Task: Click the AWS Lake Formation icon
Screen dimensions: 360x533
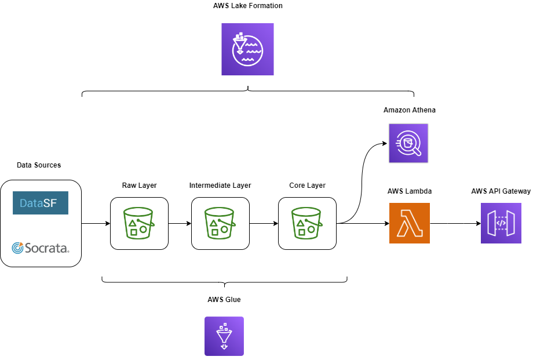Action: (247, 49)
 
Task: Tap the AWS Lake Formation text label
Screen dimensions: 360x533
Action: (247, 6)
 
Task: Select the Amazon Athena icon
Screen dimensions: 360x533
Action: (408, 143)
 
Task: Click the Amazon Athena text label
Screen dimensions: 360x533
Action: (409, 110)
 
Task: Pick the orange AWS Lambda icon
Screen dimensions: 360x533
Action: (410, 223)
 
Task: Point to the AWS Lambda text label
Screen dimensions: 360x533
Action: (410, 191)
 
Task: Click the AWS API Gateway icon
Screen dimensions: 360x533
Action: (501, 223)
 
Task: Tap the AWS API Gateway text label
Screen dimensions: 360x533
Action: (501, 191)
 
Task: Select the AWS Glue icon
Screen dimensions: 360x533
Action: (224, 336)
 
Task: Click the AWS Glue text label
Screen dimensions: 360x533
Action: (224, 300)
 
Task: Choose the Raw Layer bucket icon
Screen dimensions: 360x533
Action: (139, 223)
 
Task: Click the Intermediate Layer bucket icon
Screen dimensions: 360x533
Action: (220, 223)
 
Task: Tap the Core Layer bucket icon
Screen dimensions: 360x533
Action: (307, 223)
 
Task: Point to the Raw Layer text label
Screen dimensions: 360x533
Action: (139, 186)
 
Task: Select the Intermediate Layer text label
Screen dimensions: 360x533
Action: (220, 186)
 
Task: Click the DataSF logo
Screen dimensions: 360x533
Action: (41, 203)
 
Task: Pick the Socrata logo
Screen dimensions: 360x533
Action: (41, 248)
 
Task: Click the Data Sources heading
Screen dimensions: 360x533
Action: (39, 165)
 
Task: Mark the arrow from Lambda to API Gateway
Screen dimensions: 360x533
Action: (455, 223)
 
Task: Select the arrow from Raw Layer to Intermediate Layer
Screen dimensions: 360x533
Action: (180, 223)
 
